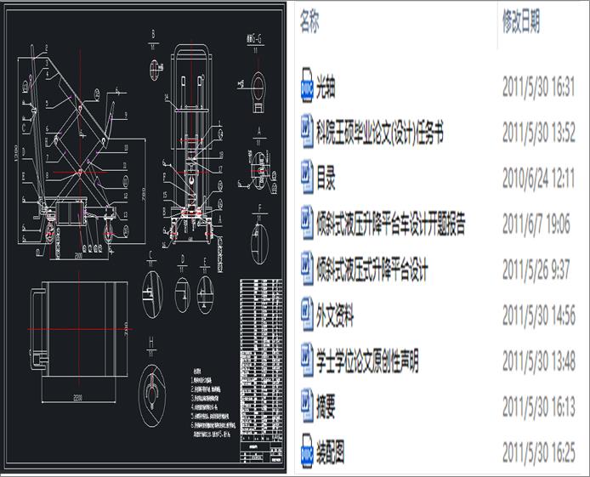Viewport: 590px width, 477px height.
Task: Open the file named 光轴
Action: pyautogui.click(x=326, y=87)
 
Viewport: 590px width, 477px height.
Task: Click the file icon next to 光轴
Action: pyautogui.click(x=307, y=87)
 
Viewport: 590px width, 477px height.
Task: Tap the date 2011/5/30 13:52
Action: pyautogui.click(x=539, y=133)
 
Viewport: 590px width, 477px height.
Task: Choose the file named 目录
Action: pyautogui.click(x=326, y=179)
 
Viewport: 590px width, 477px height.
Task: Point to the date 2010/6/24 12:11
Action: pyautogui.click(x=539, y=179)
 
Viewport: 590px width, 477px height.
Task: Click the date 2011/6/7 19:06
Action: pyautogui.click(x=536, y=225)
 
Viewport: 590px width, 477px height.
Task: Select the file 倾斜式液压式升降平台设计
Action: pyautogui.click(x=372, y=271)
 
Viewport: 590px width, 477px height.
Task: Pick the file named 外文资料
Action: pyautogui.click(x=335, y=318)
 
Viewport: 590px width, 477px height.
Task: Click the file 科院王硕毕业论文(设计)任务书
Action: pyautogui.click(x=379, y=133)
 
